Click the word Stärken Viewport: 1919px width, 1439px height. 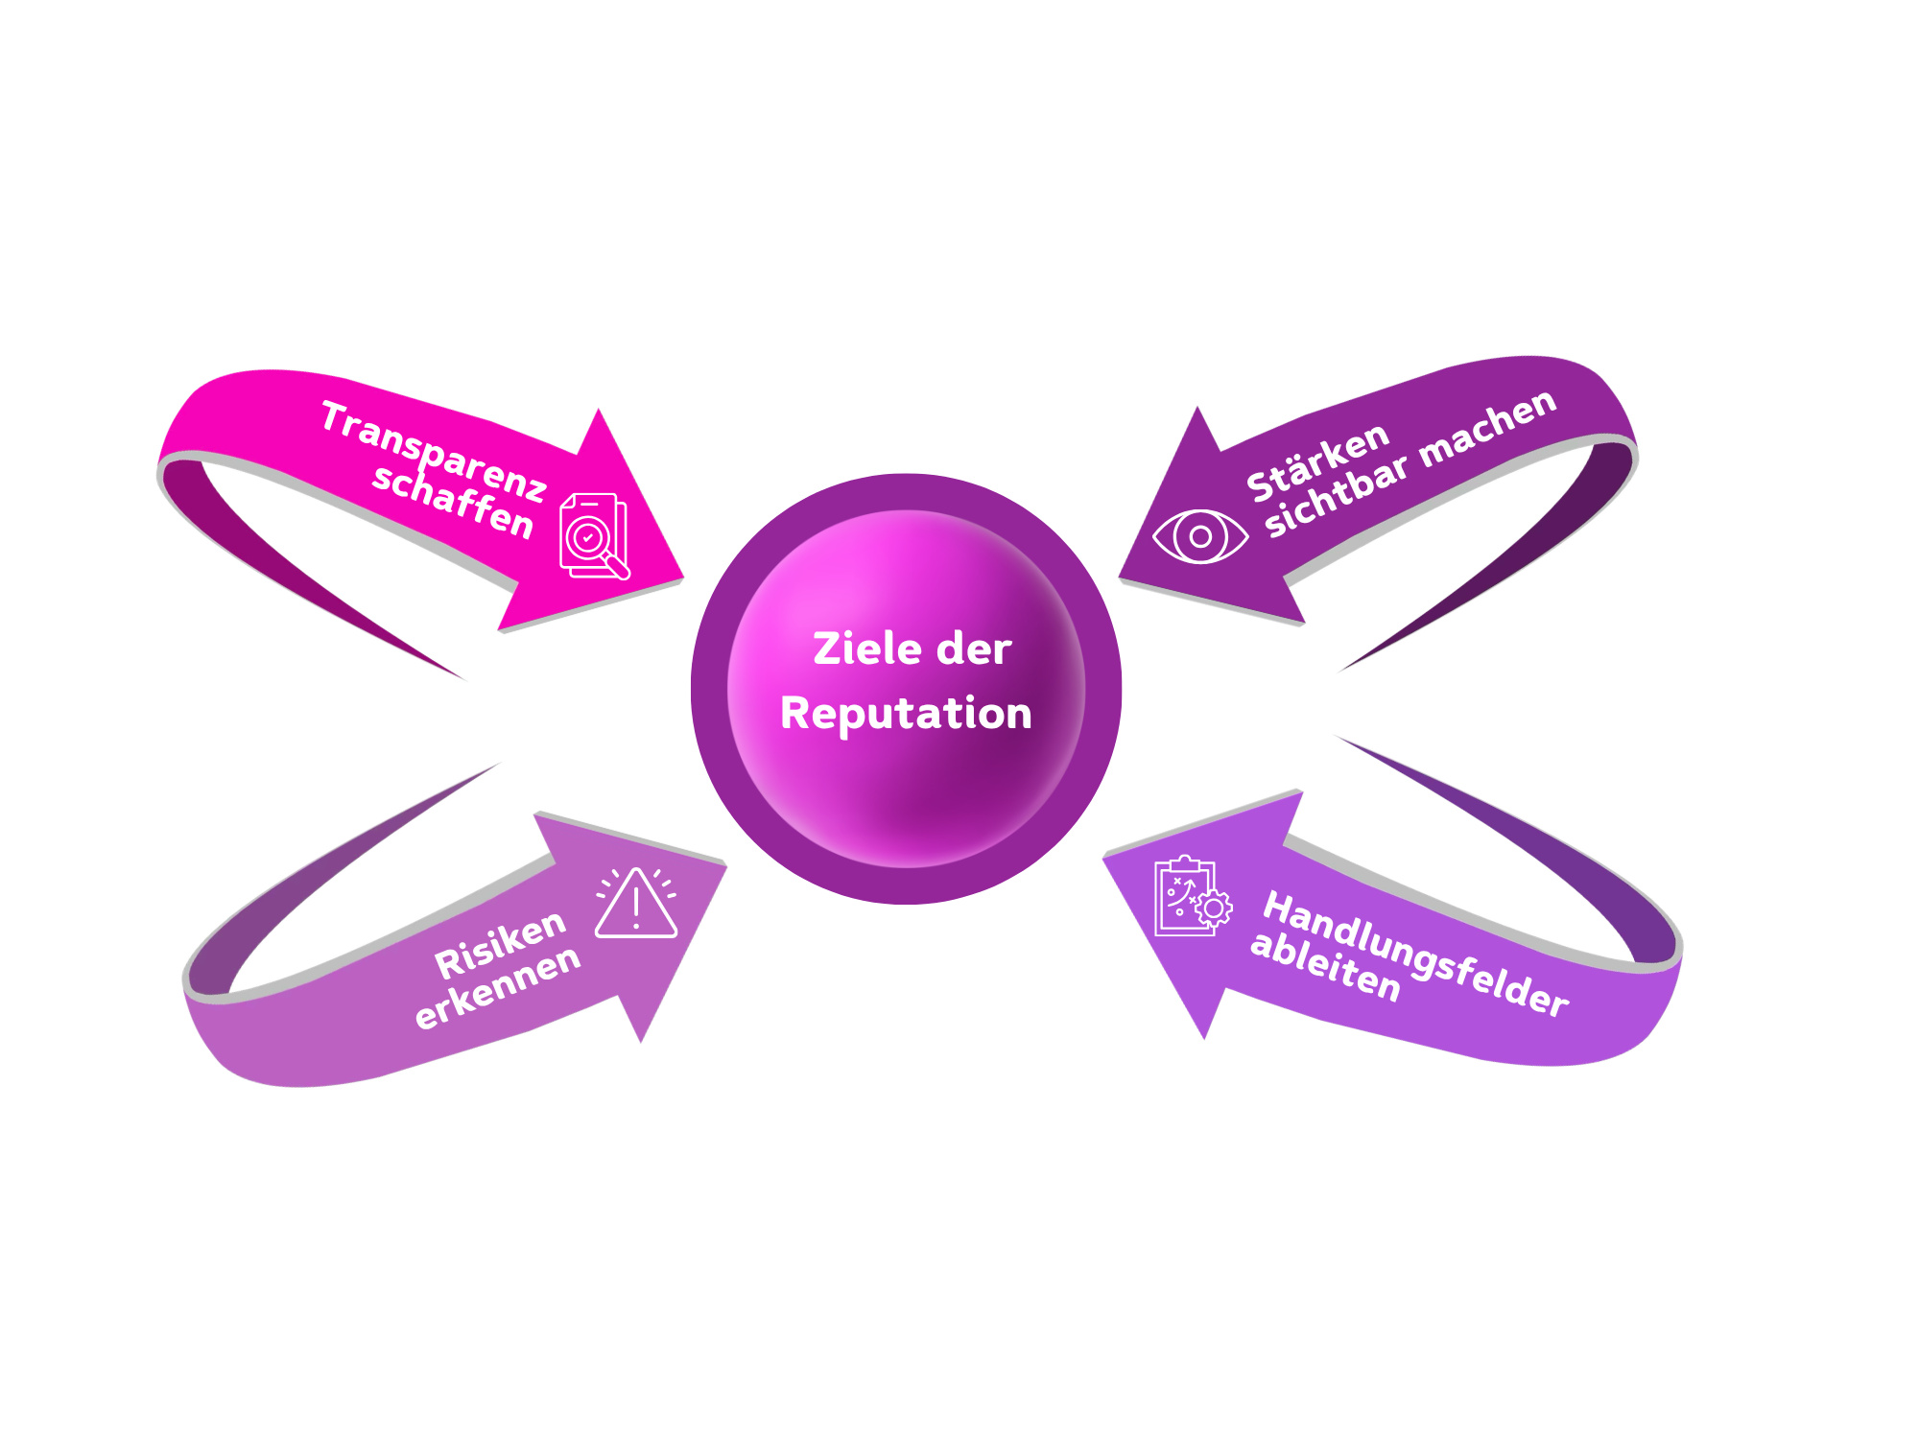tap(1317, 462)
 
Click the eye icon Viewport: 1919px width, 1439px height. tap(1200, 536)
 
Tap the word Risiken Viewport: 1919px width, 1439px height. tap(500, 946)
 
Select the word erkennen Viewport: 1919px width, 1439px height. tap(497, 987)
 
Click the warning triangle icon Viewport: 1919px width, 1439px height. tap(636, 904)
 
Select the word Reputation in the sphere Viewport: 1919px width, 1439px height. tap(906, 714)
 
